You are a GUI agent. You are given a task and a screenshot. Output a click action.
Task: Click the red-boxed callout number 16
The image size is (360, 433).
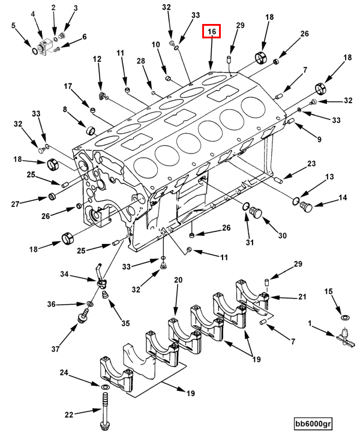pos(211,31)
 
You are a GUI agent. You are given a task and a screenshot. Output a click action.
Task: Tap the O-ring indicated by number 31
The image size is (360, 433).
pos(246,208)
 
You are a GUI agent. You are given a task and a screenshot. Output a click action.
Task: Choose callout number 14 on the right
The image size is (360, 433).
pos(343,197)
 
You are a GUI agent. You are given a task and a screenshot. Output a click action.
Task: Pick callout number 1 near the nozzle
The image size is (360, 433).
pos(310,324)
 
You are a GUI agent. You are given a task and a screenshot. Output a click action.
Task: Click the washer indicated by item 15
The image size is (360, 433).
pos(344,316)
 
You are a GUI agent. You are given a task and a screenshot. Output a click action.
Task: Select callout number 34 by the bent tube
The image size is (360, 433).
pos(64,275)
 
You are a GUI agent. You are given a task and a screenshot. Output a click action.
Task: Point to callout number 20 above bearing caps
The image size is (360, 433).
pos(178,280)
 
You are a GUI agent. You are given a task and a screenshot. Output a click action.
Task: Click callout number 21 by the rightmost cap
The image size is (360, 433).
pos(302,297)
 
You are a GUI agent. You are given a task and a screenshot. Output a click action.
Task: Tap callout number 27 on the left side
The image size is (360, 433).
pos(15,203)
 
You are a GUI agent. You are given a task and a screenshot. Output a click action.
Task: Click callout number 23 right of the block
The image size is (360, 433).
pos(311,164)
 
